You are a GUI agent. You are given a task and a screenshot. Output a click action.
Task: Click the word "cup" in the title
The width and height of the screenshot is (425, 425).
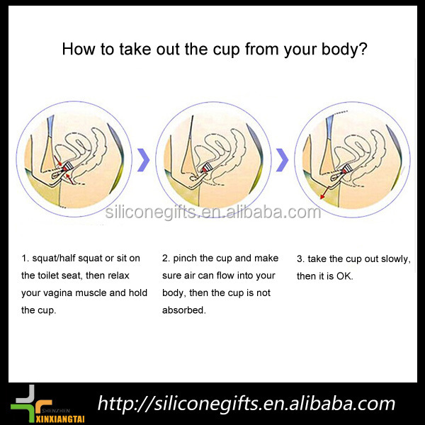(x=227, y=50)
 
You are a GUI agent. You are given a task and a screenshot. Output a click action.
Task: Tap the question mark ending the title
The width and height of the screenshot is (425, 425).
(x=363, y=48)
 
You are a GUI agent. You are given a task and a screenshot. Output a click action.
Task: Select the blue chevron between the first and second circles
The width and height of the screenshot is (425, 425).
(x=143, y=160)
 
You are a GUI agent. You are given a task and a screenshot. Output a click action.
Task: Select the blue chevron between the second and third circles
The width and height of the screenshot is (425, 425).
(x=283, y=160)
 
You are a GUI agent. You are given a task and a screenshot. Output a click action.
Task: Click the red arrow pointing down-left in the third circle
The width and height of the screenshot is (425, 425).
(x=326, y=192)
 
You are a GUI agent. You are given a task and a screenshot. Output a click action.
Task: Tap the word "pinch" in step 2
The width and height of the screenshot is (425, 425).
(x=185, y=259)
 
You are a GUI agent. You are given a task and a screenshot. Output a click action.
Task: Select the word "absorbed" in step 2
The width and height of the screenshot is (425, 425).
(x=183, y=310)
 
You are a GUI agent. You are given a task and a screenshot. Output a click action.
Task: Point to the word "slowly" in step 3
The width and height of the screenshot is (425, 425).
(x=396, y=259)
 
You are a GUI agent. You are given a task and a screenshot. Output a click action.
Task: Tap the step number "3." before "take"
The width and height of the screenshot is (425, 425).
(x=300, y=259)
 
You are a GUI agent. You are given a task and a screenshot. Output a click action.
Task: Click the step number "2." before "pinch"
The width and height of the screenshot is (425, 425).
(x=166, y=259)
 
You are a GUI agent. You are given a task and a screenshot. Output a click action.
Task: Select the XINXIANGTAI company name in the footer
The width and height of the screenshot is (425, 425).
(x=60, y=419)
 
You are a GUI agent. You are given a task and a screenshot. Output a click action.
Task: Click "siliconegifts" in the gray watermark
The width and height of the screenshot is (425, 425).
(x=150, y=212)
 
